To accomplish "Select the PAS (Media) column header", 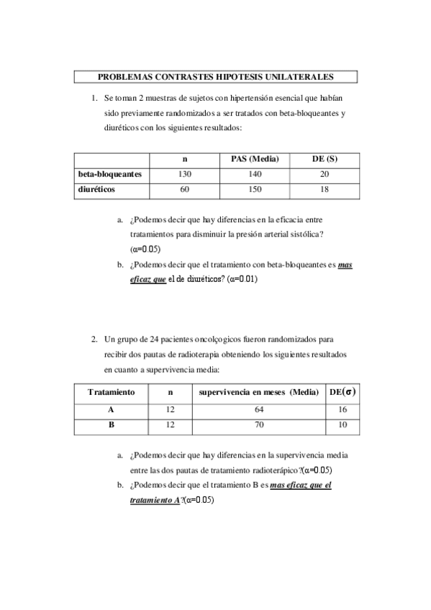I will (x=255, y=158).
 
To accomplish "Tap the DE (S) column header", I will (x=325, y=158).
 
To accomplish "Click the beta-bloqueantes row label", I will (x=110, y=174).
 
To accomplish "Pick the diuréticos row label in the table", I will (x=97, y=190).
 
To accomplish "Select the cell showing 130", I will (x=185, y=174).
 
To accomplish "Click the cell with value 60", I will (x=185, y=190).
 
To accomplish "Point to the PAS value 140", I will (x=255, y=174).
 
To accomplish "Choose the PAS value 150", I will (x=255, y=190).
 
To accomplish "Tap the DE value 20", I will (x=325, y=174).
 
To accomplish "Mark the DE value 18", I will (x=325, y=190).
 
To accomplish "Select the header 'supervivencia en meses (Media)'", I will (x=259, y=393).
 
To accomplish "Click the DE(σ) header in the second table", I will (x=342, y=392).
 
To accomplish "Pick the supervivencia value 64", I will (x=259, y=409).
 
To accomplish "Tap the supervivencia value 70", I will (x=259, y=425).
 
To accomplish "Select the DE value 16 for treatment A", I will (x=342, y=409).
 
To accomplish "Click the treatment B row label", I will (x=111, y=425).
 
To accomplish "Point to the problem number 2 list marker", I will (x=94, y=338).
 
